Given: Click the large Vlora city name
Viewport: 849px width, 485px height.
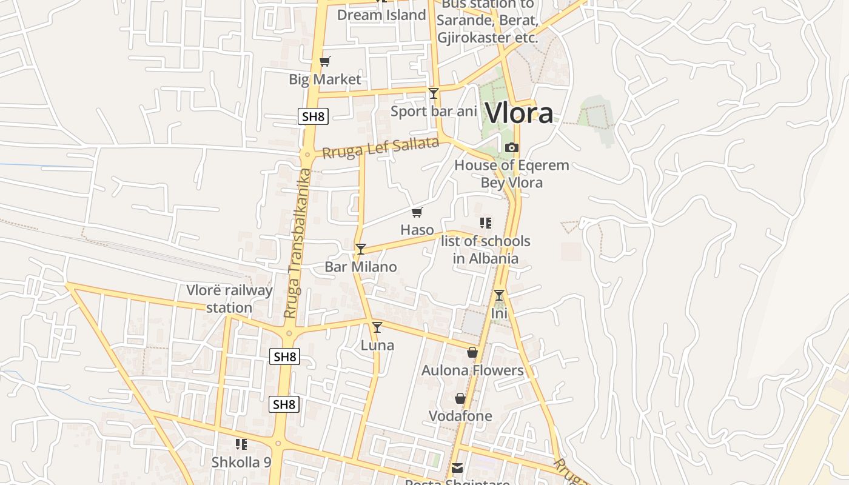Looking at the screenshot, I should click(520, 113).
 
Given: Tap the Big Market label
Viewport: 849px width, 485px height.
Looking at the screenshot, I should click(324, 79).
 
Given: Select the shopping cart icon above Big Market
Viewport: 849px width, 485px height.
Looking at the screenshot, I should click(324, 61).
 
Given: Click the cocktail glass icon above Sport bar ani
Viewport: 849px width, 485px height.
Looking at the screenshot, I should click(433, 93).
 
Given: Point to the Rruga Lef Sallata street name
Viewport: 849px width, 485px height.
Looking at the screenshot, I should click(380, 148).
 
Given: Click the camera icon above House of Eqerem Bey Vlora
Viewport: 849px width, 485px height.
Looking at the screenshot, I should click(512, 147).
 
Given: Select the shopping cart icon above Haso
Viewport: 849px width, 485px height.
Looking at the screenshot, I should click(417, 212).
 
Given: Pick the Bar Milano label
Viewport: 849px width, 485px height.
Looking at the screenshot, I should click(361, 267).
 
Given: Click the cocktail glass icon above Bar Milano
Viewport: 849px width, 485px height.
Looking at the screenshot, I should click(361, 249).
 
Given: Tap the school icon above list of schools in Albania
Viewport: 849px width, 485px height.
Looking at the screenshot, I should click(485, 223).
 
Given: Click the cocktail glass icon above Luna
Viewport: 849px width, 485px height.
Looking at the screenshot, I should click(377, 327).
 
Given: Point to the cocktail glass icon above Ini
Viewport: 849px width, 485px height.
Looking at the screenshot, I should click(498, 295).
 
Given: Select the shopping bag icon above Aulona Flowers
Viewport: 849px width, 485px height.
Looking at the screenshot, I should click(472, 352).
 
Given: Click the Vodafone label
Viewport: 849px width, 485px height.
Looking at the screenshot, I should click(460, 416).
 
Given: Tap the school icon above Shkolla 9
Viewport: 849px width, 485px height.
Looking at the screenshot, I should click(241, 444).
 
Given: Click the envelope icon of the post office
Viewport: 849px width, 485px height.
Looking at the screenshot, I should click(457, 468).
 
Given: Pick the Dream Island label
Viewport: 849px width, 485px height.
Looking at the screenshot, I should click(381, 15).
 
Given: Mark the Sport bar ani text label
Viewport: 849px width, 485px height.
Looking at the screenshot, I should click(434, 112).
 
